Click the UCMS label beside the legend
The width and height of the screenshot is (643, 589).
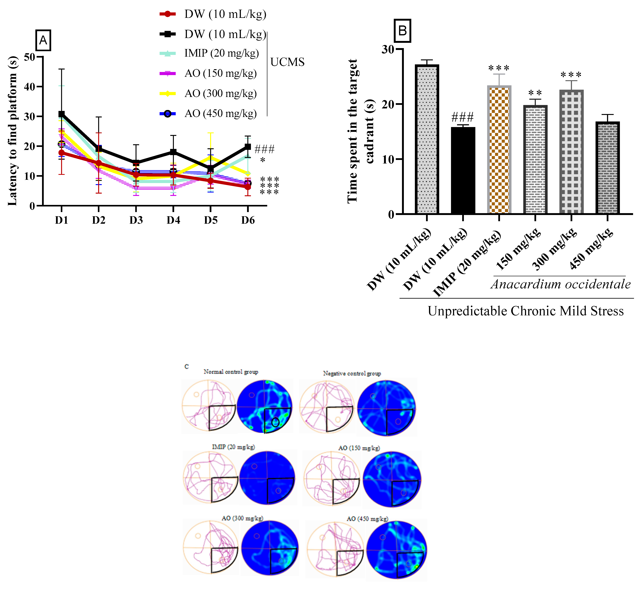point(287,62)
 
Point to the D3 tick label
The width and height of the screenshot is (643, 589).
point(136,220)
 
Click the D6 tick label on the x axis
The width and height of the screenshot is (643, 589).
point(248,220)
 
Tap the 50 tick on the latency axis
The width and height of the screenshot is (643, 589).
point(30,57)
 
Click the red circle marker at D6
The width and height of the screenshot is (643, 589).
point(248,187)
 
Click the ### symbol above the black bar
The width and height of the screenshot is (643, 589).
point(462,117)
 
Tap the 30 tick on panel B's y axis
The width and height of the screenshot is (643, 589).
point(388,49)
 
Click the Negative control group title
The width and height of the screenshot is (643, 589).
point(352,373)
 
